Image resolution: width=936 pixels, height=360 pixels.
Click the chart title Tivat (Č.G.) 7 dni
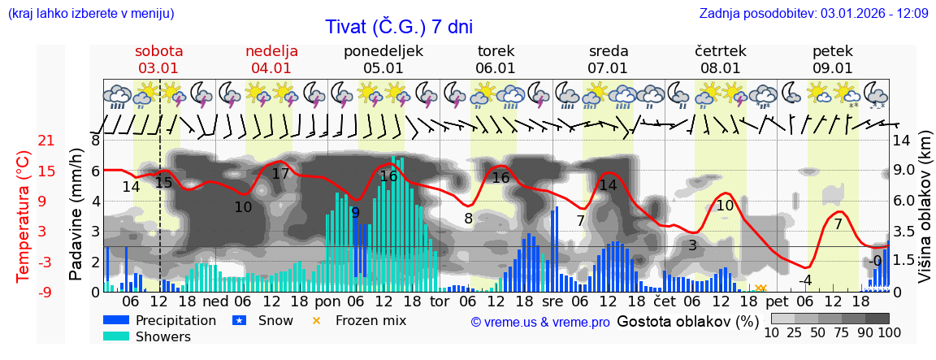click(x=398, y=27)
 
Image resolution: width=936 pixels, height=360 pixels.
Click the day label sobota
click(x=158, y=51)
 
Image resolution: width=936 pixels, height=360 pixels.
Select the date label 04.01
click(x=271, y=68)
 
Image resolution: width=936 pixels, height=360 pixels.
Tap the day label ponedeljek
click(x=383, y=51)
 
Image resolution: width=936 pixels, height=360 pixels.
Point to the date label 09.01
click(x=833, y=68)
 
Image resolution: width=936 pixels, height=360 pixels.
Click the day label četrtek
click(x=721, y=51)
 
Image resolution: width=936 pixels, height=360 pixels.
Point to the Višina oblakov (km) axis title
click(x=925, y=215)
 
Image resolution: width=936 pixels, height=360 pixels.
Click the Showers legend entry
click(x=162, y=336)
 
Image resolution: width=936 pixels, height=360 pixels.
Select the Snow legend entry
click(x=275, y=320)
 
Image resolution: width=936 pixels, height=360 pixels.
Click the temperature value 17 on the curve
click(x=280, y=174)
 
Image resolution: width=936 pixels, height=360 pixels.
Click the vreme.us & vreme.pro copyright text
click(x=540, y=323)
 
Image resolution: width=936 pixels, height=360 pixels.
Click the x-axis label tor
click(x=439, y=301)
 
